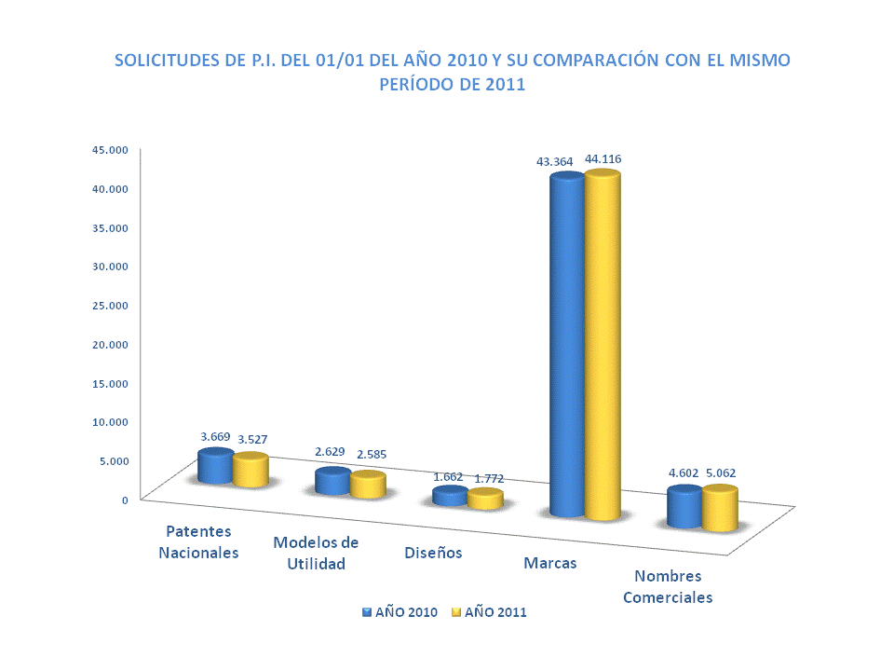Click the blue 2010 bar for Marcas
point(566,345)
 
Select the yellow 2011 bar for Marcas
point(602,345)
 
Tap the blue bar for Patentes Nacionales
point(215,467)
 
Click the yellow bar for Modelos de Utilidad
point(368,486)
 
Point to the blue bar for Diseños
point(450,496)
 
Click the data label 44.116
point(603,159)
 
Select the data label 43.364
point(554,161)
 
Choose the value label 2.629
point(330,451)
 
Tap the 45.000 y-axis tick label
point(109,148)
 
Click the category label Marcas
point(549,563)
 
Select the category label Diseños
point(433,552)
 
